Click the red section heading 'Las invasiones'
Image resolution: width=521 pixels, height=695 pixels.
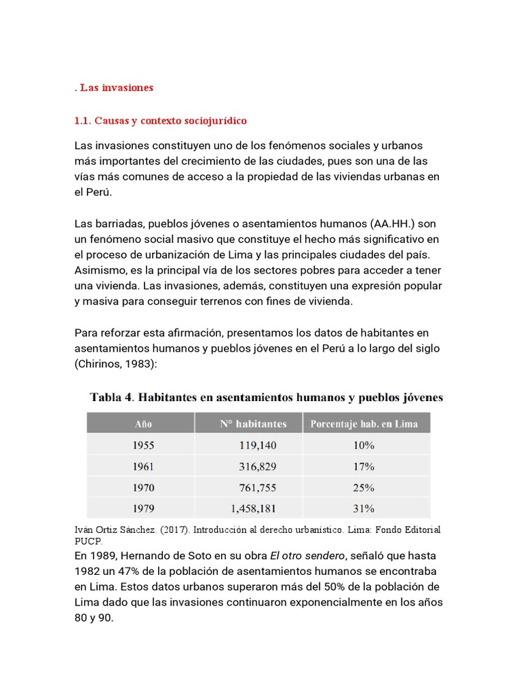[x=117, y=88]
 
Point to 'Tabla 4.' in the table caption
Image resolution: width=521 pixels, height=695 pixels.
[x=111, y=398]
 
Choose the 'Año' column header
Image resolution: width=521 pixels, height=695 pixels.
[x=143, y=424]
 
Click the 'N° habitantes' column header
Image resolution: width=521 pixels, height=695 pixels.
[x=253, y=424]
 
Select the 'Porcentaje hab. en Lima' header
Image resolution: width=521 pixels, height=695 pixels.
[x=364, y=424]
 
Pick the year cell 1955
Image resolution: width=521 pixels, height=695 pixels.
[x=143, y=445]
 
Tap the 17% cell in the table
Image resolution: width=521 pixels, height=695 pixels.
[x=364, y=466]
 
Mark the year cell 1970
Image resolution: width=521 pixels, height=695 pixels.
[x=143, y=487]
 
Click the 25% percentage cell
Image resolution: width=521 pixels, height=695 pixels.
[x=364, y=487]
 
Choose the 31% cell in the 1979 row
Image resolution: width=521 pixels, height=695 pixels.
[x=364, y=508]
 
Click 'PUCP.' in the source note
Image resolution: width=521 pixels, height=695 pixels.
[x=88, y=541]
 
